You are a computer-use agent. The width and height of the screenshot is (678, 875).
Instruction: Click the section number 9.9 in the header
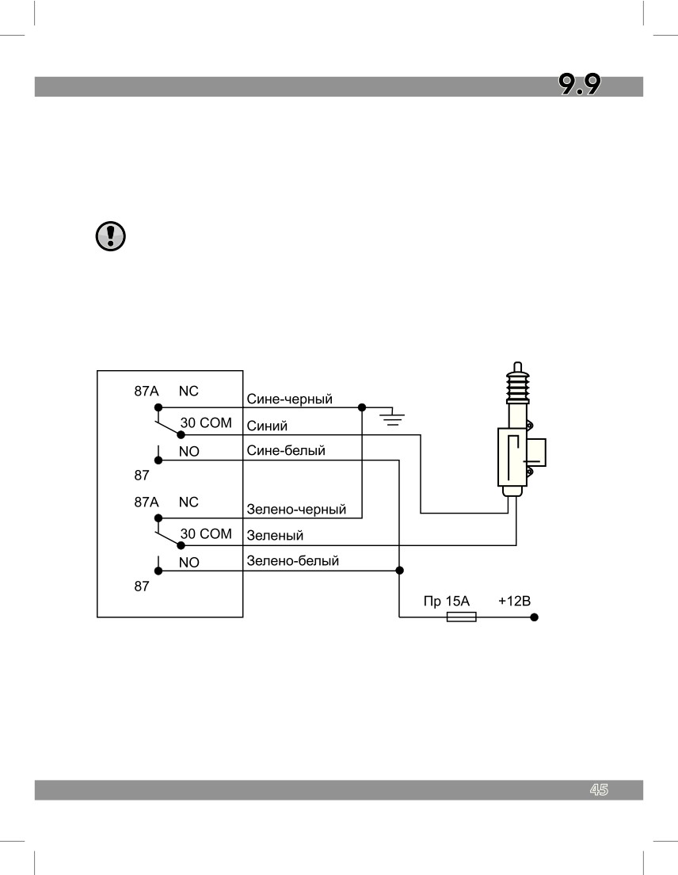coord(580,85)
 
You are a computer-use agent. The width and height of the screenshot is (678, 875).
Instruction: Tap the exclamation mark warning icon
coord(110,236)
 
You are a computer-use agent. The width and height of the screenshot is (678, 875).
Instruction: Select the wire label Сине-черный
coord(289,399)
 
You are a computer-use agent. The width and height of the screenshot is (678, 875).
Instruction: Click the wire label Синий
coord(267,426)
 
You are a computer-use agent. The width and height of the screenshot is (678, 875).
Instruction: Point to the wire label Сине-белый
coord(286,450)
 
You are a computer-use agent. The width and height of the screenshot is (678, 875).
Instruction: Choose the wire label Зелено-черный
coord(296,510)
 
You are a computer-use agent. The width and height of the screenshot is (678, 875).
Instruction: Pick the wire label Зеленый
coord(275,536)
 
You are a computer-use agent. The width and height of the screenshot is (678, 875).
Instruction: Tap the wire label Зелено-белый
coord(293,561)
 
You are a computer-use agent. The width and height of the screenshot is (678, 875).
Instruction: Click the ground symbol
coord(393,418)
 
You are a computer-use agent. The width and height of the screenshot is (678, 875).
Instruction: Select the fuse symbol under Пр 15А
coord(462,617)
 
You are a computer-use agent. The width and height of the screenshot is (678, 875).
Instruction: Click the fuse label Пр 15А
coord(447,601)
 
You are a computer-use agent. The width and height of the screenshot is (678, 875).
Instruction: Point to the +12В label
coord(514,601)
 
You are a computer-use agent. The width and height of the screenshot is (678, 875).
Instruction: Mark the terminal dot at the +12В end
coord(534,617)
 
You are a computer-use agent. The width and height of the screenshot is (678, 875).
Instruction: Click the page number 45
coord(599,789)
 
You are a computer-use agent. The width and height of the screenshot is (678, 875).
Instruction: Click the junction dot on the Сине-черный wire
coord(362,407)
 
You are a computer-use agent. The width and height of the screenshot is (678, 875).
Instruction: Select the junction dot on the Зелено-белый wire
coord(399,571)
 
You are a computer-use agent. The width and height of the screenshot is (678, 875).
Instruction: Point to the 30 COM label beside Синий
coord(206,423)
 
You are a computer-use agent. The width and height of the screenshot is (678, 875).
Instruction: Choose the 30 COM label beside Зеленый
coord(206,534)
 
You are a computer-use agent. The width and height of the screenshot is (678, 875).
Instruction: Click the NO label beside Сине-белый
coord(189,452)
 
